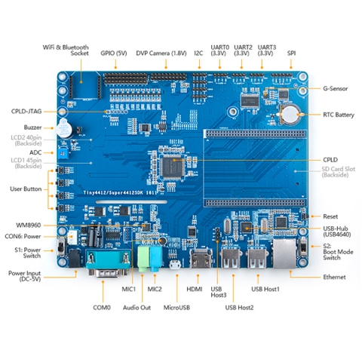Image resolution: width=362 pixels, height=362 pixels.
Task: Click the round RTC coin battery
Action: [x=290, y=115]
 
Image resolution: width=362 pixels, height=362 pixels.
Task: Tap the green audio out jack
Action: [x=143, y=259]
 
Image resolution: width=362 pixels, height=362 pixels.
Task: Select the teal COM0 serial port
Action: [x=108, y=263]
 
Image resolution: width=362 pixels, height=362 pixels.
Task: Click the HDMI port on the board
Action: [x=200, y=259]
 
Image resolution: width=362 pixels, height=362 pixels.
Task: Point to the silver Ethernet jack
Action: [x=284, y=253]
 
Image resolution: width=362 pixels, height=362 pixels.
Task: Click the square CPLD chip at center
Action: [x=173, y=167]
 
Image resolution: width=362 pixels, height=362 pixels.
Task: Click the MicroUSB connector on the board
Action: [x=176, y=265]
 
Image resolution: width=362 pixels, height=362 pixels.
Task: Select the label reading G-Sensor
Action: [x=336, y=88]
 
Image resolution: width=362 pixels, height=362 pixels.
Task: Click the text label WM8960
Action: [x=29, y=225]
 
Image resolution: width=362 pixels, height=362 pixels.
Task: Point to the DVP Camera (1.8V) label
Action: [x=161, y=54]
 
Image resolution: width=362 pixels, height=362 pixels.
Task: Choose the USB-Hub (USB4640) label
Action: [x=337, y=232]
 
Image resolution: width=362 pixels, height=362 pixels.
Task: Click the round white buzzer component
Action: [x=63, y=129]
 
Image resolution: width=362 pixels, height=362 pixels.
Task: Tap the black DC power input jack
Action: [x=74, y=258]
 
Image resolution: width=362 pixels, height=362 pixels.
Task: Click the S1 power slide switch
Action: [x=61, y=248]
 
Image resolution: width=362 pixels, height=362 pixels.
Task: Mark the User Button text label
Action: [x=26, y=189]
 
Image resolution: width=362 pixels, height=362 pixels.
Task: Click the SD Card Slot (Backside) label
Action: [x=339, y=172]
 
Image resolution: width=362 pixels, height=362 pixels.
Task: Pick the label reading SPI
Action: [x=291, y=54]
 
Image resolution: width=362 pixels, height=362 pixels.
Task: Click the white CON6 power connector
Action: [x=72, y=237]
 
